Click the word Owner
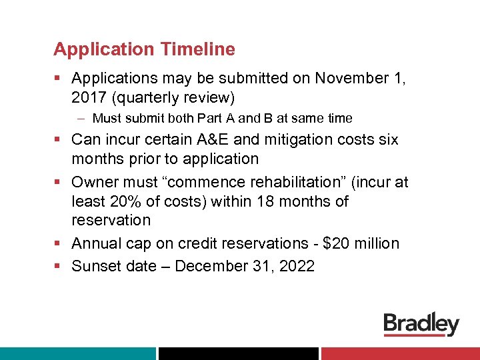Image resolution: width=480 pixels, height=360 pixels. coord(94,182)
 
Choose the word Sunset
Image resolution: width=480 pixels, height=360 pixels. coord(95,266)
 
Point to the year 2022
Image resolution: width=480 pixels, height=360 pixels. coord(293,266)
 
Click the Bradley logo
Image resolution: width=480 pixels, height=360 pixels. coord(421,324)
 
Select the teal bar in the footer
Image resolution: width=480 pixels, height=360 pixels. coord(77,353)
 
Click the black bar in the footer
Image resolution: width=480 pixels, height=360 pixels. coord(239,353)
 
